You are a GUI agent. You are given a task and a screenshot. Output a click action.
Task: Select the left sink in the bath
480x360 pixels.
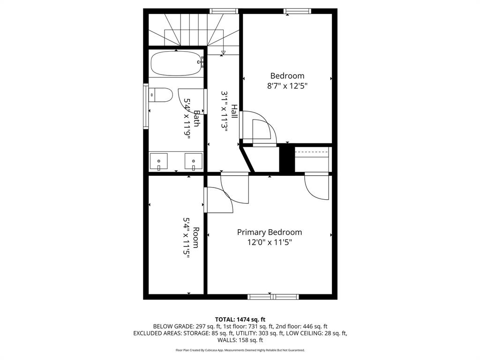pyautogui.click(x=159, y=162)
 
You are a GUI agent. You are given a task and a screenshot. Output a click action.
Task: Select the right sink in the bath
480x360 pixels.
pyautogui.click(x=193, y=162)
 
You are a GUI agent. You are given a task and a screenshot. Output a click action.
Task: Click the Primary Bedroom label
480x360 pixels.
pyautogui.click(x=269, y=232)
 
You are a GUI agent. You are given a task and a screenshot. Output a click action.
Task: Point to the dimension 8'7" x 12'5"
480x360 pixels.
pyautogui.click(x=287, y=86)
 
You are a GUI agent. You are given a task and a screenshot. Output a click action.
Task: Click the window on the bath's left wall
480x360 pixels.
pyautogui.click(x=146, y=105)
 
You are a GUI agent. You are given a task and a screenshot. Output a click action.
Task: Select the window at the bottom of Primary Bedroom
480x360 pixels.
pyautogui.click(x=273, y=296)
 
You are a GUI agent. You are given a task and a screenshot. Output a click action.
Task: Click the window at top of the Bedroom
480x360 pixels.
pyautogui.click(x=298, y=11)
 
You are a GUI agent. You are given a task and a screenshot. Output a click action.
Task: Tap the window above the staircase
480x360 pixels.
pyautogui.click(x=224, y=11)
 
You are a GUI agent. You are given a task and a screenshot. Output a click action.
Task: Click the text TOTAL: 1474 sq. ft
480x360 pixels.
pyautogui.click(x=240, y=319)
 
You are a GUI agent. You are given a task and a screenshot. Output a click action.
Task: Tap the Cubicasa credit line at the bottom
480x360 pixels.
pyautogui.click(x=240, y=350)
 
